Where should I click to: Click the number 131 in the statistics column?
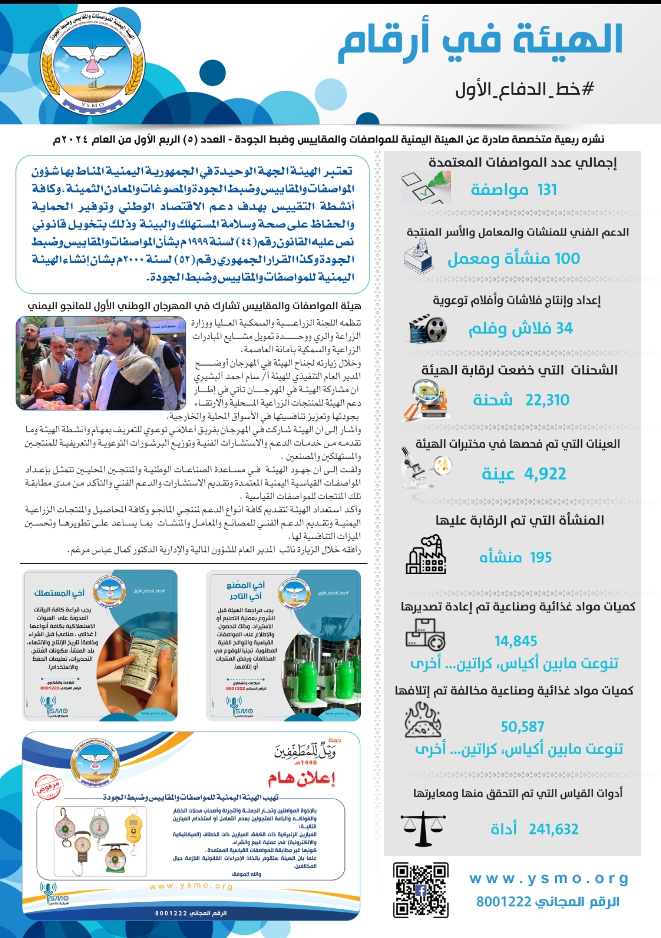[x=547, y=190]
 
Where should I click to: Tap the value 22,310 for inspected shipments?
[x=547, y=400]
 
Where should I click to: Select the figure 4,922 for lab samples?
[x=545, y=474]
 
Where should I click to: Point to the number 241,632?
[x=553, y=829]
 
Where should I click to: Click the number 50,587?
[x=522, y=727]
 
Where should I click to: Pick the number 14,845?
[x=515, y=641]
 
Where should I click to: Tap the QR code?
[x=420, y=890]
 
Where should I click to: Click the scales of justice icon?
[x=423, y=828]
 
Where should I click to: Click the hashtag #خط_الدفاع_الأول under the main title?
[x=524, y=90]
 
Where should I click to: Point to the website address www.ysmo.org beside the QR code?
[x=549, y=879]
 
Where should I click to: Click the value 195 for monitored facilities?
[x=540, y=558]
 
